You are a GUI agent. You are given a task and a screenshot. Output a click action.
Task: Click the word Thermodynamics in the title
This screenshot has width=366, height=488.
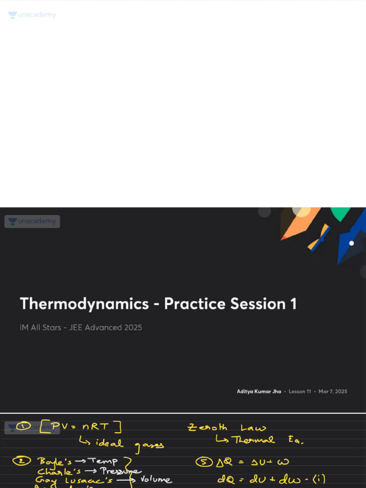(x=84, y=304)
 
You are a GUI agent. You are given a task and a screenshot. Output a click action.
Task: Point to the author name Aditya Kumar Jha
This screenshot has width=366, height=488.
(x=259, y=392)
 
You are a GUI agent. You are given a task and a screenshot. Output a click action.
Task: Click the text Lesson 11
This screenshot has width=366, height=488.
(x=300, y=392)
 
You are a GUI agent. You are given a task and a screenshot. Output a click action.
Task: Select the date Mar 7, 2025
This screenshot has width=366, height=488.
(x=333, y=392)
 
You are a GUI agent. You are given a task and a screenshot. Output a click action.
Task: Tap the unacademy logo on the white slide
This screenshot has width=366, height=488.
(x=32, y=15)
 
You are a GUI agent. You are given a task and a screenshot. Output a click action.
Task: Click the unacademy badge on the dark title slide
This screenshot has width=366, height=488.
(x=32, y=222)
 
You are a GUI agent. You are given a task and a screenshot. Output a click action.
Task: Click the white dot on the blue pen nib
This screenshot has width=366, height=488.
(x=351, y=243)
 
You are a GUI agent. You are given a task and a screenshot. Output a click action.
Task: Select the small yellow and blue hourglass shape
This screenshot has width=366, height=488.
(x=319, y=237)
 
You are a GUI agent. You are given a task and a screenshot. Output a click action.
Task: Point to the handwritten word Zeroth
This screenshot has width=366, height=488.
(x=208, y=428)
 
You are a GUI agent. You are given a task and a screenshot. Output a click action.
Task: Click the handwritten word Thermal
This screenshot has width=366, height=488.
(x=253, y=440)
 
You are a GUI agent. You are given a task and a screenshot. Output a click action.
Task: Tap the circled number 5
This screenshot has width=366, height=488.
(x=201, y=461)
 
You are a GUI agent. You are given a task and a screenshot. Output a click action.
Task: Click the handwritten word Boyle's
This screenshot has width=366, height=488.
(x=54, y=461)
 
